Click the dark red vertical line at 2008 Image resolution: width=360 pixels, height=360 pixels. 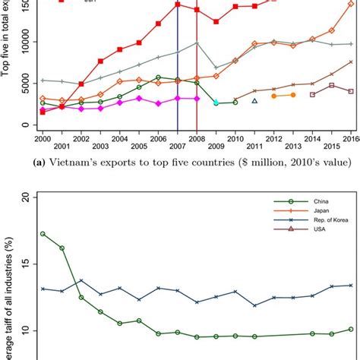coord(197,76)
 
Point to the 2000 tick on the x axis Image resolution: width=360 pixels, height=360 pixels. coord(43,137)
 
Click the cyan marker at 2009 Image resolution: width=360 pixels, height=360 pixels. coord(216,102)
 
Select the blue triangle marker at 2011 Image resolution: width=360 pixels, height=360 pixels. coord(254,100)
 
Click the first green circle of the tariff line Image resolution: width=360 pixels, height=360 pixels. coord(43,234)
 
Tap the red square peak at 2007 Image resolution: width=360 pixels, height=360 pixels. coord(177,5)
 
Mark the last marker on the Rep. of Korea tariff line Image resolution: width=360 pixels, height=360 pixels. coord(350,286)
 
